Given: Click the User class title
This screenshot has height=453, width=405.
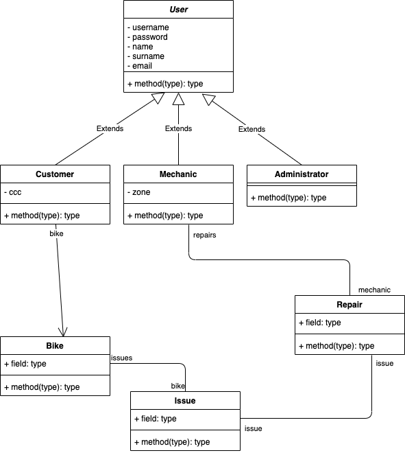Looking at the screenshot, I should [178, 10].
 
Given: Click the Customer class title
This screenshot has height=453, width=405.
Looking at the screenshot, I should [55, 174].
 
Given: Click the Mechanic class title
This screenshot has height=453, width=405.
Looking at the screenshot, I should [178, 174].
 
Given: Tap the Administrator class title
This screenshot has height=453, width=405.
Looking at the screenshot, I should [302, 174].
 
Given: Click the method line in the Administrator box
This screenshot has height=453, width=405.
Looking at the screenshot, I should [288, 198].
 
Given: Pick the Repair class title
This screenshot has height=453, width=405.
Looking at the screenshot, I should [349, 305].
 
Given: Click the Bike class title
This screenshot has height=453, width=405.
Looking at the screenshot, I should [55, 345].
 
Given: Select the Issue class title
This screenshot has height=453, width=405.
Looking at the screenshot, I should [185, 400].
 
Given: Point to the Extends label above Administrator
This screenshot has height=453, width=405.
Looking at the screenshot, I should [251, 129].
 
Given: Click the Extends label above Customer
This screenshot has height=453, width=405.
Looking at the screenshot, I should [110, 128].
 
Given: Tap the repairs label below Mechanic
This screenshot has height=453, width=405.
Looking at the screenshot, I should [205, 235].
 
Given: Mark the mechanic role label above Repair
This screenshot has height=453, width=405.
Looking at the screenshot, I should [374, 290].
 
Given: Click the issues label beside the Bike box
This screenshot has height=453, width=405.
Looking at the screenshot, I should [121, 358].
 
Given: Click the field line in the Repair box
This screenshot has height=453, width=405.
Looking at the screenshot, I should [319, 323].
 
